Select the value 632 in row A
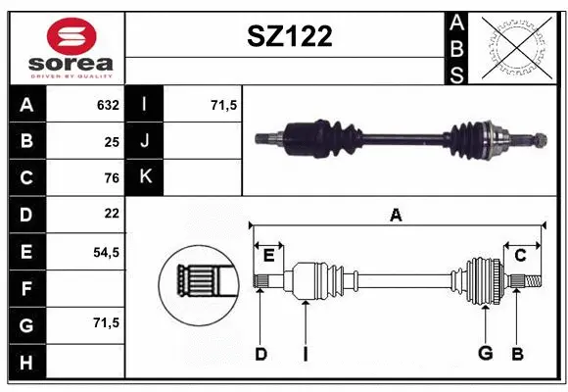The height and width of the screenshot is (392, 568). click(x=107, y=105)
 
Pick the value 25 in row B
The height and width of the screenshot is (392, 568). click(x=111, y=141)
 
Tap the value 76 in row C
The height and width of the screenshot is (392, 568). click(x=111, y=177)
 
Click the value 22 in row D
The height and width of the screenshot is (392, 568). click(x=111, y=214)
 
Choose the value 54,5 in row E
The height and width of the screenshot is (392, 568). click(x=106, y=251)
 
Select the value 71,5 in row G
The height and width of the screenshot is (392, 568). click(x=106, y=322)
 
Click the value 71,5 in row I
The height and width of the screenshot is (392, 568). click(x=224, y=105)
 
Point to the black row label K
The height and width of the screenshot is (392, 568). click(x=145, y=177)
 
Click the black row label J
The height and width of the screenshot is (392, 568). click(x=145, y=141)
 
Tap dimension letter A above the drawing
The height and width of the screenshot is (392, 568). click(x=396, y=215)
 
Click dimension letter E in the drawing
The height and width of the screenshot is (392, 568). click(x=268, y=255)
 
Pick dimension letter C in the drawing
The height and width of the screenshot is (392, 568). click(x=521, y=255)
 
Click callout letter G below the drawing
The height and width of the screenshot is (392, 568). click(x=484, y=354)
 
